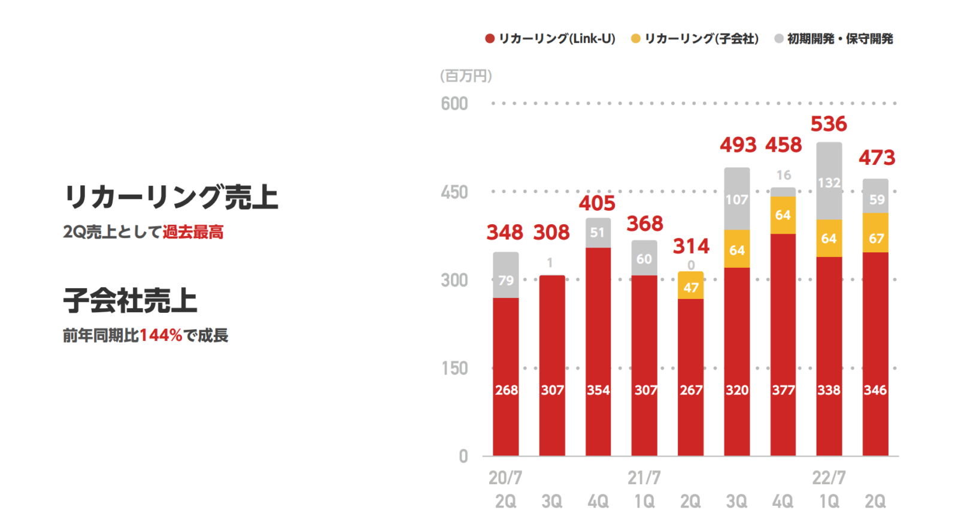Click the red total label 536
(829, 124)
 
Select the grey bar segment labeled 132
(829, 181)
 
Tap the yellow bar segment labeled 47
(690, 286)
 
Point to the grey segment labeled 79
(506, 276)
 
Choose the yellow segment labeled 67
(875, 233)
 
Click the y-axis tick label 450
(454, 192)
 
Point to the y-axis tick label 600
(454, 104)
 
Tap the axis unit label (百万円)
(466, 76)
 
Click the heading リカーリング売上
(171, 197)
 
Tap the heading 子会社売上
(130, 300)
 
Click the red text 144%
(160, 336)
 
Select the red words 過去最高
(193, 232)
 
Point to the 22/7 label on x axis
(829, 478)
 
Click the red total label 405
(597, 203)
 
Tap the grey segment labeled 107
(736, 199)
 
